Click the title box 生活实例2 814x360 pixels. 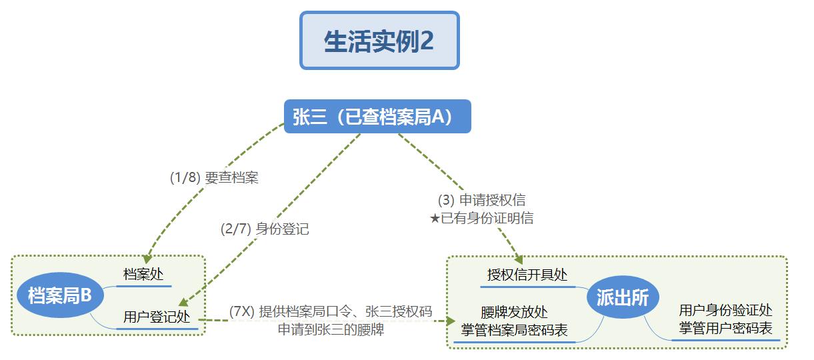tap(379, 40)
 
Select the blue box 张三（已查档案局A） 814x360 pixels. tap(377, 116)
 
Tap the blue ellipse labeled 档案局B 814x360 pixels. tap(60, 295)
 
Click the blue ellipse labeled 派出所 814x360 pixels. tap(623, 297)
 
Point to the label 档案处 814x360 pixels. tap(143, 274)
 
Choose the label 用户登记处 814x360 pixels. tap(157, 317)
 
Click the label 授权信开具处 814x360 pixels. tap(527, 275)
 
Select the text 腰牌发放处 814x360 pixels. tap(514, 312)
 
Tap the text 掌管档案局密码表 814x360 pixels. tap(514, 330)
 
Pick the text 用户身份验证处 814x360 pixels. tap(725, 310)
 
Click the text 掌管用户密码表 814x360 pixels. tap(725, 328)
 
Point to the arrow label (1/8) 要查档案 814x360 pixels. tap(214, 177)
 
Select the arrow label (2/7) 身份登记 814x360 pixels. tap(265, 229)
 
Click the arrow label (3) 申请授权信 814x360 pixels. tap(481, 200)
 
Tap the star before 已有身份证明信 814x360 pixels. tap(435, 218)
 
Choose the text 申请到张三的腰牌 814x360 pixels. tap(331, 329)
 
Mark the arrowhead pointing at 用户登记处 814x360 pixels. tap(183, 302)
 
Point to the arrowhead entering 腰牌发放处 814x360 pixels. tap(451, 321)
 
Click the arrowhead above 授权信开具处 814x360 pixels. tap(519, 259)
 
